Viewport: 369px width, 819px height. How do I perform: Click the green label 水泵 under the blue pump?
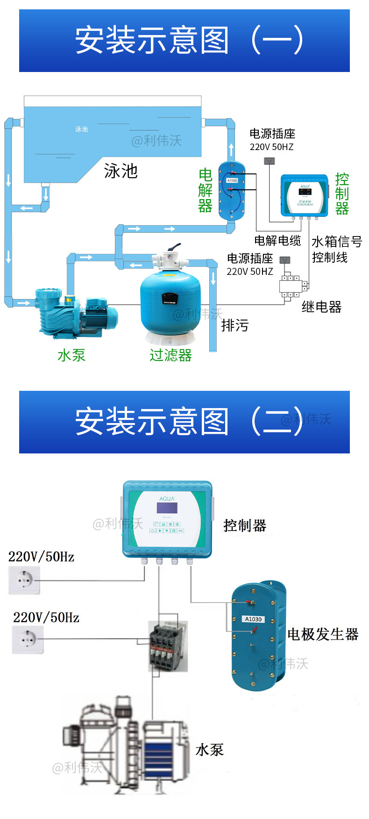(71, 355)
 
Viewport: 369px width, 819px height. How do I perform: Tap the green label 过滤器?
(170, 356)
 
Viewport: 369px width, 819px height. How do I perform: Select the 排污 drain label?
(235, 325)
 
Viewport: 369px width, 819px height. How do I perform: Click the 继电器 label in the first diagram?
(321, 307)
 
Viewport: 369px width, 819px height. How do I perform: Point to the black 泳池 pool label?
(121, 171)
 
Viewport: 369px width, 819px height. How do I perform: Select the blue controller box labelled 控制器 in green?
(304, 196)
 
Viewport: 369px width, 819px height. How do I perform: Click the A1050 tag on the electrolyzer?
(232, 180)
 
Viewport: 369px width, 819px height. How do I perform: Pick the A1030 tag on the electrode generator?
(254, 619)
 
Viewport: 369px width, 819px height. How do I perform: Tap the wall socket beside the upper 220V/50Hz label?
(24, 580)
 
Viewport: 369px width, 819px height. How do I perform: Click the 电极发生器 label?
(323, 634)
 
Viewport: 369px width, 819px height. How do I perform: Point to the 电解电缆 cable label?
(277, 241)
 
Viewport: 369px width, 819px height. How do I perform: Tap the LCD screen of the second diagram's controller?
(167, 508)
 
